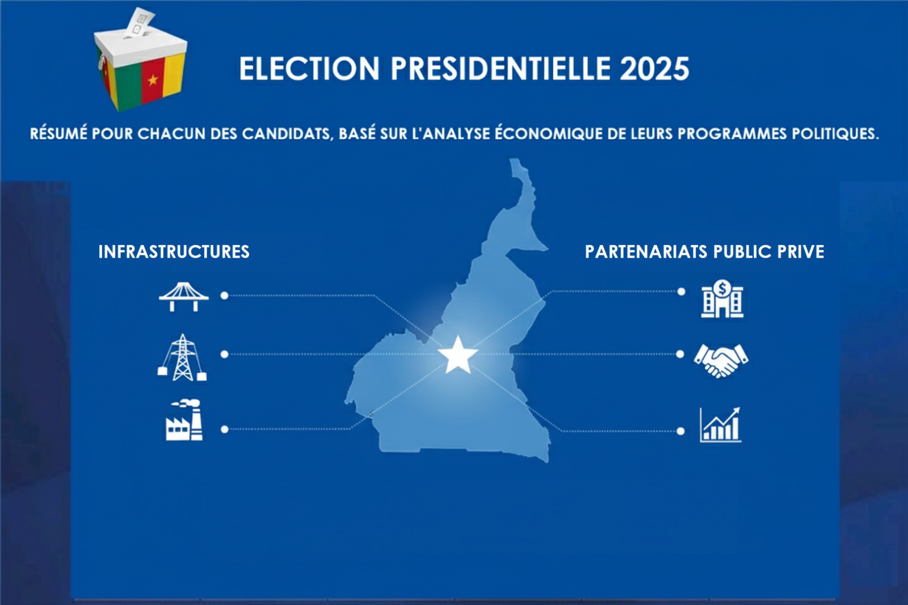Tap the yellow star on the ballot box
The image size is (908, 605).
153,80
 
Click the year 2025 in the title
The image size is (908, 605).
654,69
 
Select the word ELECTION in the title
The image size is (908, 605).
309,69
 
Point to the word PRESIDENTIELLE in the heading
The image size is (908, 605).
500,69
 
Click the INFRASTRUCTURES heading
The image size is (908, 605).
174,252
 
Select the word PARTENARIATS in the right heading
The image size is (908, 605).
646,252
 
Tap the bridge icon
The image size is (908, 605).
184,297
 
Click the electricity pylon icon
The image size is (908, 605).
182,357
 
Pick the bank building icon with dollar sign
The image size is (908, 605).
722,299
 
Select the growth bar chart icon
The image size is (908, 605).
720,425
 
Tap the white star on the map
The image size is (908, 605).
458,355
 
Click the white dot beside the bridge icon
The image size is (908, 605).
225,296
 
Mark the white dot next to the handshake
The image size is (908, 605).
680,354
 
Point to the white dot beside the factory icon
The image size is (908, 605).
225,430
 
